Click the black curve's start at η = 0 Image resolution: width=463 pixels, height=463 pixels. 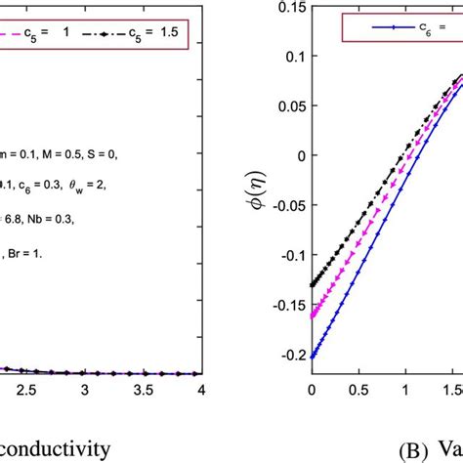[313, 284]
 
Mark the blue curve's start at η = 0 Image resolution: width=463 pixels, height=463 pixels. [313, 358]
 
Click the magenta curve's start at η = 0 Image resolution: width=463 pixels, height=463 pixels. [313, 316]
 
